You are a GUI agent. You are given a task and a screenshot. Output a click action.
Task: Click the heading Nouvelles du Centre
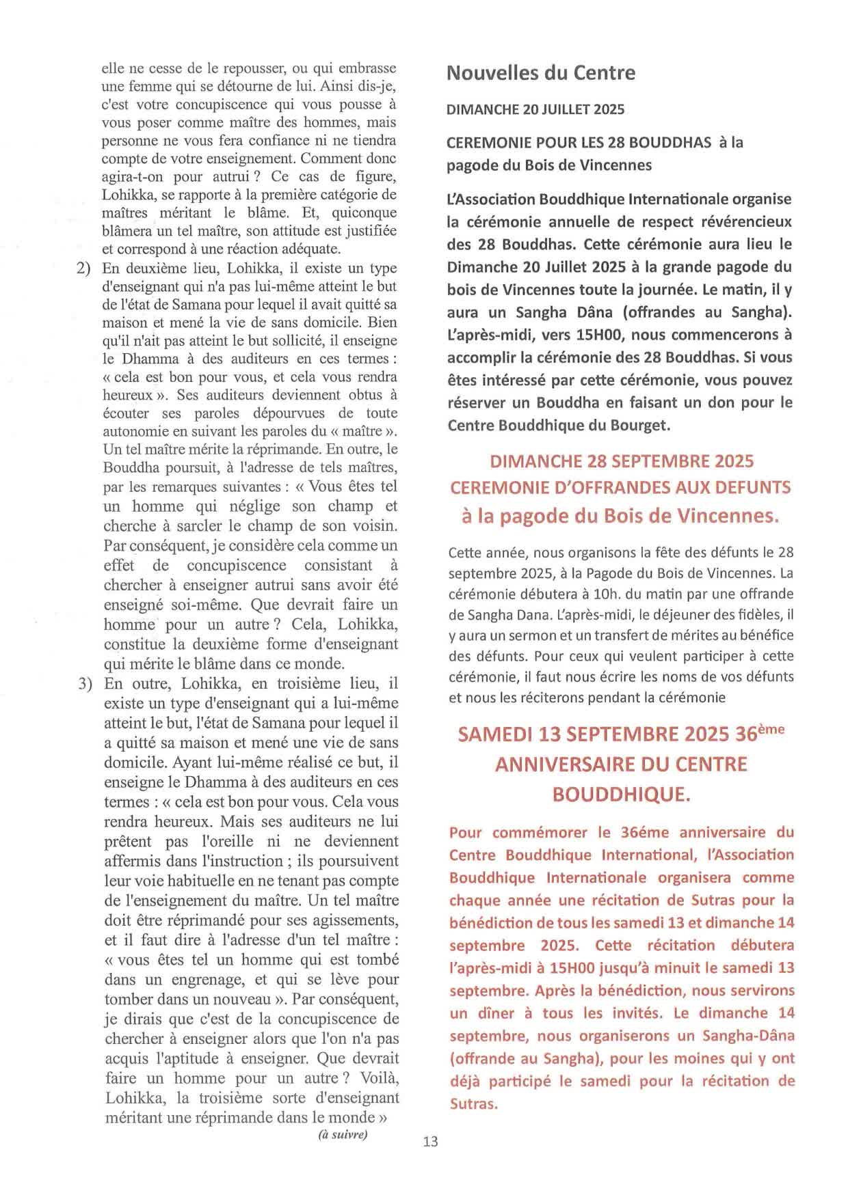point(540,73)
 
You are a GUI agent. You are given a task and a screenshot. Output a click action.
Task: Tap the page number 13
point(430,1141)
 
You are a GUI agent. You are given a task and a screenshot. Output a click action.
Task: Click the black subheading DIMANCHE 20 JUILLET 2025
point(535,109)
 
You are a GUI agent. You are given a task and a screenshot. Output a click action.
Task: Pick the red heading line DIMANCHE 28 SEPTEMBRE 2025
point(622,461)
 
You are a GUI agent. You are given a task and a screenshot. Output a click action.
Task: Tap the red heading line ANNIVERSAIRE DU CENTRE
point(621,764)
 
